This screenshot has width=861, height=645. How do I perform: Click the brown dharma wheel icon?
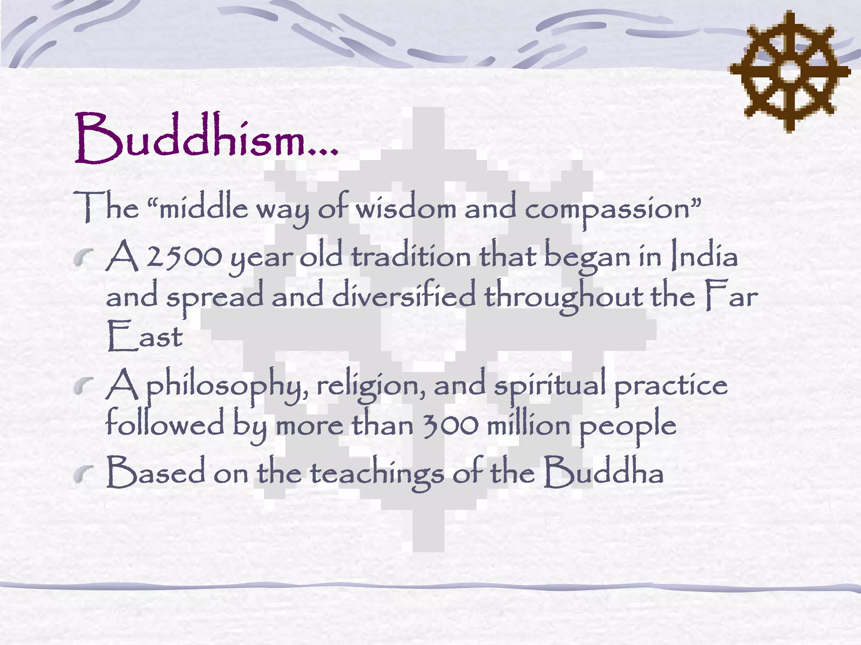790,71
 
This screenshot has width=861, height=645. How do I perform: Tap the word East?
144,336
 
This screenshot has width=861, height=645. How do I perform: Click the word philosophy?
227,385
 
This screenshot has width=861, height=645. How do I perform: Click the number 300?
450,425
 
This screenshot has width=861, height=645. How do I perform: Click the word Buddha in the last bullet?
604,472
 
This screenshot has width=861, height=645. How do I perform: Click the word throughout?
564,296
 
